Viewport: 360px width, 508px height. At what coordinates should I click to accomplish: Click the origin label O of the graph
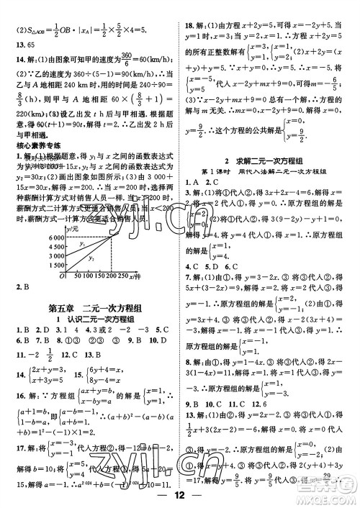coord(42,275)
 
